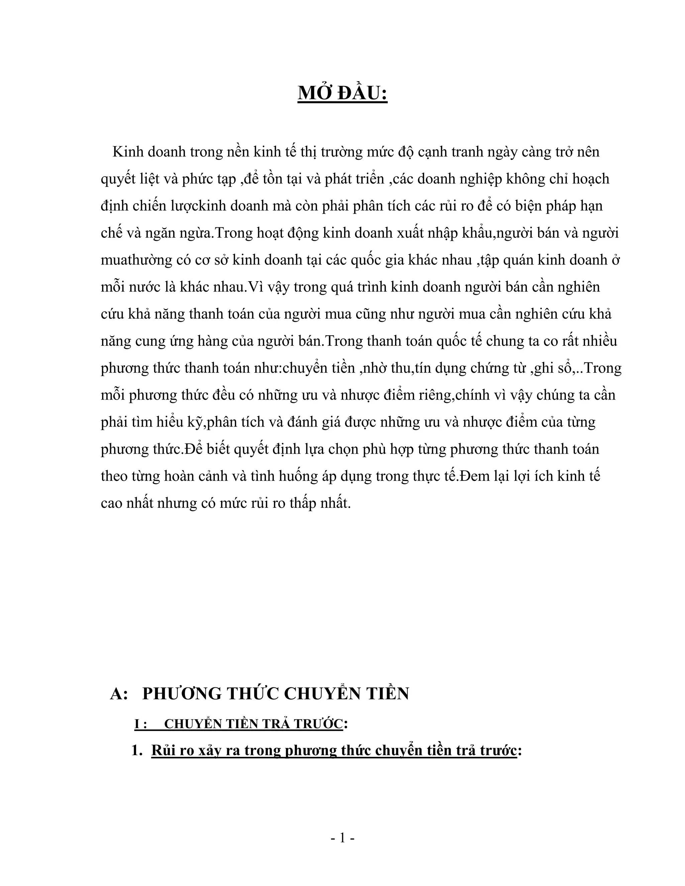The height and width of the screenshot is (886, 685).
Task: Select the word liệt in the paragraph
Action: (x=146, y=179)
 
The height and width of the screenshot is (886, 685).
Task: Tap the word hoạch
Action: (x=590, y=179)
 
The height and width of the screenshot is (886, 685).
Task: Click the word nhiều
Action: (x=597, y=341)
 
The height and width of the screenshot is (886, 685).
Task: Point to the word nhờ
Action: (x=373, y=368)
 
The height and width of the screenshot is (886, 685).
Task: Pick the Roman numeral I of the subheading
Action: (x=137, y=724)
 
